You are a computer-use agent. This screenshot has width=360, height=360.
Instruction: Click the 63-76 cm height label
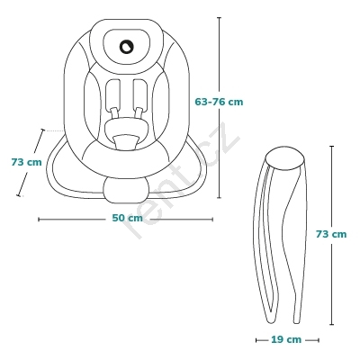219,102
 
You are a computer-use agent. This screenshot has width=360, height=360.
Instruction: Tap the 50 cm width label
128,218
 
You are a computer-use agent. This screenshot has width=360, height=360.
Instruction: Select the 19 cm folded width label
286,339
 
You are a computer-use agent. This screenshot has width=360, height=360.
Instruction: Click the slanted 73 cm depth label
26,162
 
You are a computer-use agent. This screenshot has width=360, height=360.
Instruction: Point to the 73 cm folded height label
331,234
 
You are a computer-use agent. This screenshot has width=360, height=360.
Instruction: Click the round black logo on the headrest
126,47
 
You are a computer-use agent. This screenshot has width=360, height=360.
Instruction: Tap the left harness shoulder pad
113,94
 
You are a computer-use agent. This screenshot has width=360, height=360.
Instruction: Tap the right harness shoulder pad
140,94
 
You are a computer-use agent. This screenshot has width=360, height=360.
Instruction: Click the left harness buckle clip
114,113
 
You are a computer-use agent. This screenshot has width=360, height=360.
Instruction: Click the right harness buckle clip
139,113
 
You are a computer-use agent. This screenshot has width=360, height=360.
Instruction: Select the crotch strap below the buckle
126,142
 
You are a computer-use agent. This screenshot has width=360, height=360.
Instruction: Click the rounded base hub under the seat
126,191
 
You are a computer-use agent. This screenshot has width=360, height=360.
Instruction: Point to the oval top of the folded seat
285,157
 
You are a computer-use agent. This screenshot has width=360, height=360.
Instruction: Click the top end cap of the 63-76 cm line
219,18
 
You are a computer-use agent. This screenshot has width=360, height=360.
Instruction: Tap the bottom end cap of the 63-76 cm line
219,198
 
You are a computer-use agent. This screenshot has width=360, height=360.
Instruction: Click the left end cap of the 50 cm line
39,220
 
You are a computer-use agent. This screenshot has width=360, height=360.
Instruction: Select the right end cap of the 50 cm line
212,220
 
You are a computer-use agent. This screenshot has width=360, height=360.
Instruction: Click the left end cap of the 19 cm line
256,340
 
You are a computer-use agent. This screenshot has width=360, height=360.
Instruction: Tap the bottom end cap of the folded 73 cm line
331,324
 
